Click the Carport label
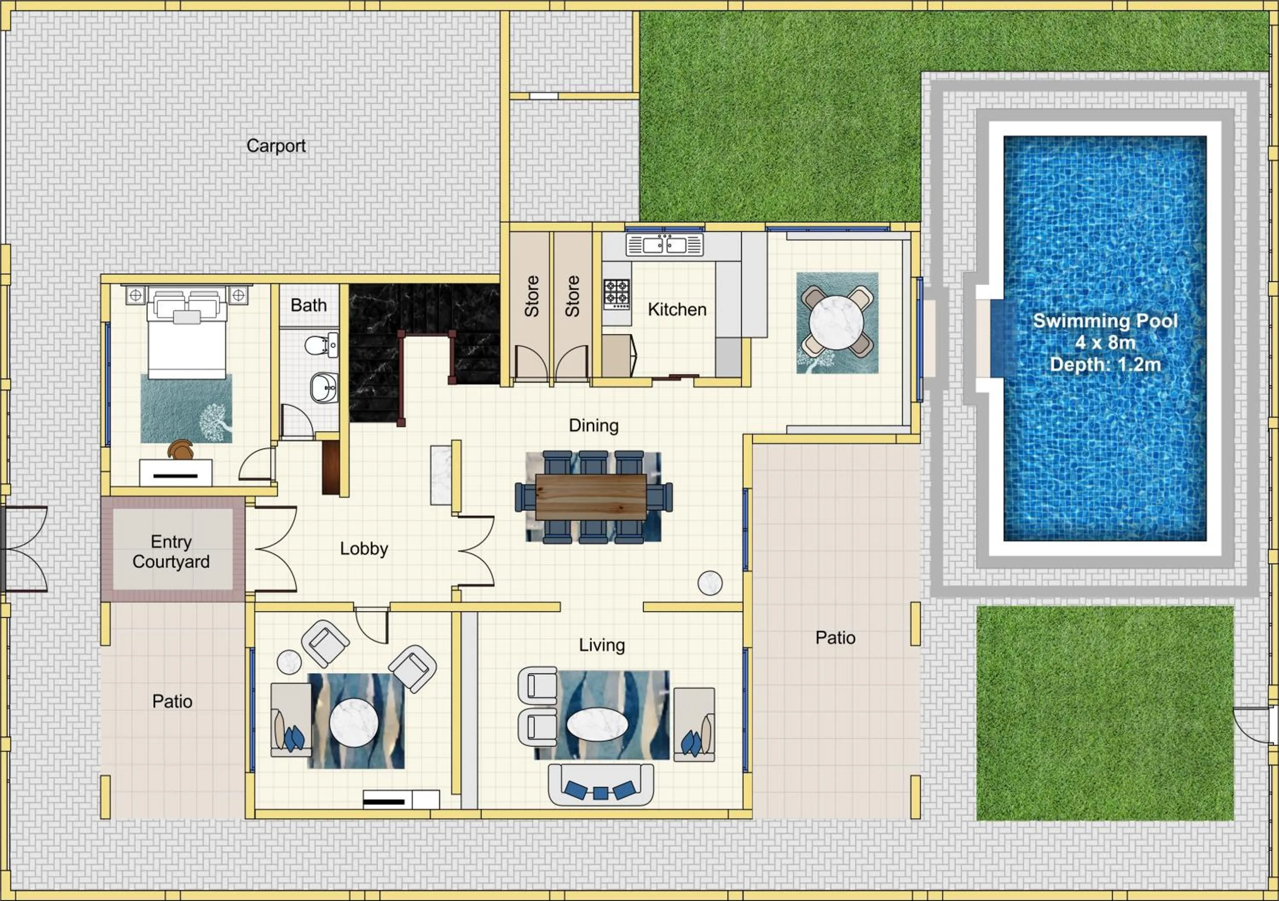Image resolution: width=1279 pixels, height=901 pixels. (x=276, y=146)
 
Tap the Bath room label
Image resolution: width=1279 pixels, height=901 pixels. (x=308, y=305)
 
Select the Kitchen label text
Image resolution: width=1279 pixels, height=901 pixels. (x=677, y=309)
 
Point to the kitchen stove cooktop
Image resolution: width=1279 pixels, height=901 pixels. (x=616, y=294)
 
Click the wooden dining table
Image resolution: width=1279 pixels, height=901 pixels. (x=590, y=497)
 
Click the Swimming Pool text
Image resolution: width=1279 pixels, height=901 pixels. (x=1105, y=321)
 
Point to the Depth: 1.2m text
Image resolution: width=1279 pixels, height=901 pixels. (x=1105, y=365)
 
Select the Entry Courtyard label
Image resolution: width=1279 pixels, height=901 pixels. (x=171, y=551)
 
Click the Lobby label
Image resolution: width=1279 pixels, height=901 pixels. (x=364, y=549)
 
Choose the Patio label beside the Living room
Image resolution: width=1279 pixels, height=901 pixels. (x=835, y=638)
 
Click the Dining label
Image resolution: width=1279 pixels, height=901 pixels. (x=593, y=425)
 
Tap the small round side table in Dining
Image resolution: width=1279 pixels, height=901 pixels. (x=710, y=583)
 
